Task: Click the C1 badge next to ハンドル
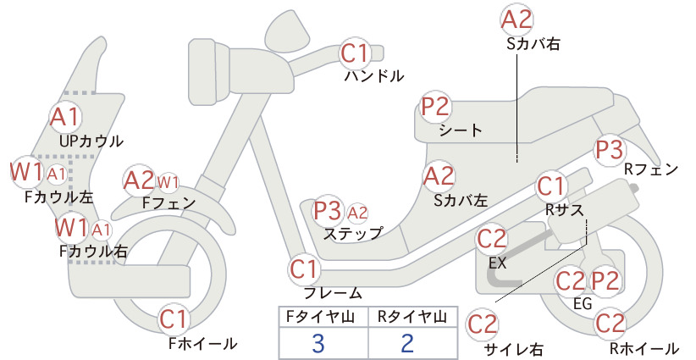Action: pos(355,53)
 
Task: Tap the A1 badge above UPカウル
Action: pos(65,117)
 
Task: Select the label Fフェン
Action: pos(168,202)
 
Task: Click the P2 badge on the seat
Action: pos(436,107)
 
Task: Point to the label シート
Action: pos(461,130)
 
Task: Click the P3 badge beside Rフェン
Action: pos(609,150)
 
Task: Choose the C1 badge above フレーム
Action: pos(304,269)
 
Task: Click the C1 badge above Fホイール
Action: pos(174,319)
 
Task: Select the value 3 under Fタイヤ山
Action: pos(318,343)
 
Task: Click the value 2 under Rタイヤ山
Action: pos(407,343)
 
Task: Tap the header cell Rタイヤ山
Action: pos(412,317)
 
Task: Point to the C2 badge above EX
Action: pos(491,239)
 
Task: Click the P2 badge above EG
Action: pos(605,280)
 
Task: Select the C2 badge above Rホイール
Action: pos(610,324)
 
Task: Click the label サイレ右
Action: pos(514,349)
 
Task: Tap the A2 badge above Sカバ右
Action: pos(516,20)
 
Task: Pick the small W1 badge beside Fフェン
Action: pos(168,182)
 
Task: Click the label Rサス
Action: pos(564,210)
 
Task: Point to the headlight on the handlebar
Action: pos(288,31)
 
